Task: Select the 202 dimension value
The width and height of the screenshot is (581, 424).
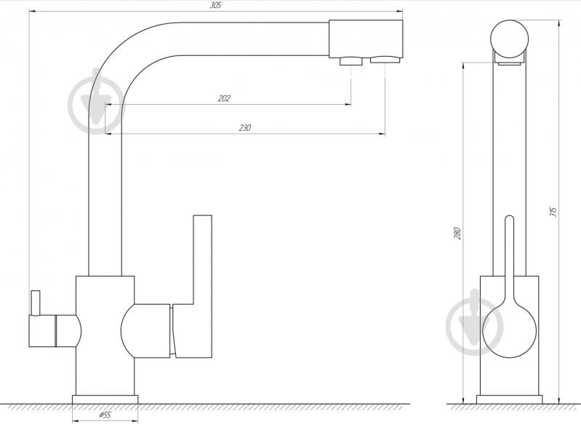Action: pos(224,98)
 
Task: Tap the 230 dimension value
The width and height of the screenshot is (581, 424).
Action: pos(244,127)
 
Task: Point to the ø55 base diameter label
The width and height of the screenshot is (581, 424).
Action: pos(104,415)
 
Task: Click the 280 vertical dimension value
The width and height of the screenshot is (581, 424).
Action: pos(457,233)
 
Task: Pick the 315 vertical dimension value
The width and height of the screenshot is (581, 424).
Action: pos(553,212)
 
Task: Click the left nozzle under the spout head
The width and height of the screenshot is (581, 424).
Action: pos(351,61)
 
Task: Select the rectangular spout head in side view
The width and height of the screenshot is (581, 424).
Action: pos(366,38)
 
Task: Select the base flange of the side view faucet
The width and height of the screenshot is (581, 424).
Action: pos(105,399)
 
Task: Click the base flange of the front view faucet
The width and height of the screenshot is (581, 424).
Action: pos(509,399)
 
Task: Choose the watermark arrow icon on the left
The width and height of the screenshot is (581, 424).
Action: pos(96,103)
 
